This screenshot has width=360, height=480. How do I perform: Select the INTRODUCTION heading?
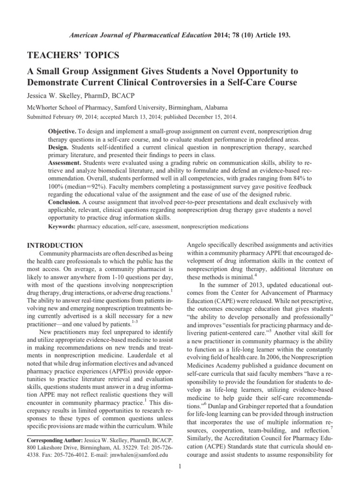55,245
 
